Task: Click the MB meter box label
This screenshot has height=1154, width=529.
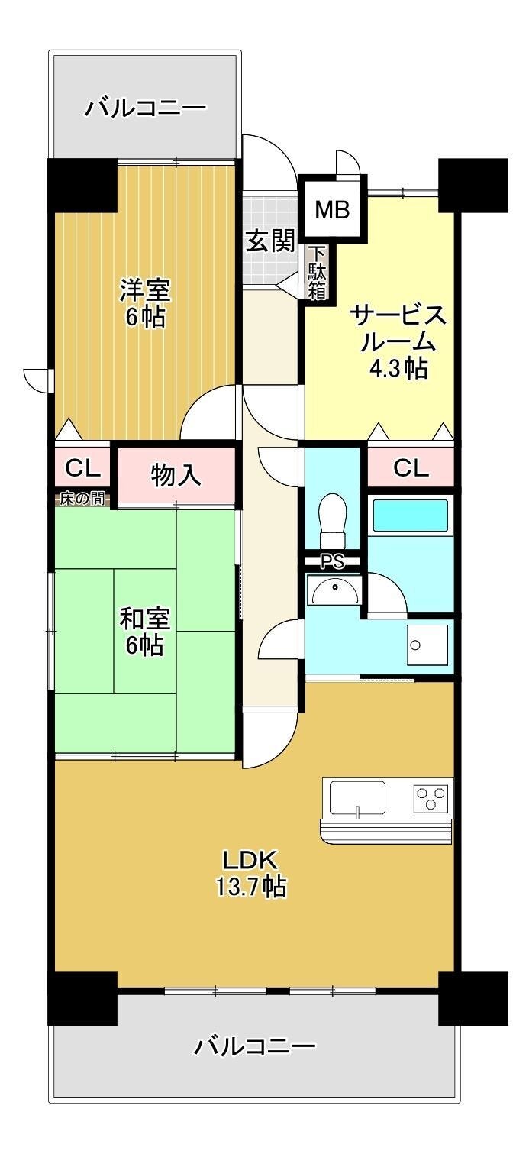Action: [x=332, y=209]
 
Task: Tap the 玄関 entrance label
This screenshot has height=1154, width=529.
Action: [x=270, y=241]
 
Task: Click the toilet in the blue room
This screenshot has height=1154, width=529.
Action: [x=332, y=521]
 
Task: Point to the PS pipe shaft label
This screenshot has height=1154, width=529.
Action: [x=332, y=561]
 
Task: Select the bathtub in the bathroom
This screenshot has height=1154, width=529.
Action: [x=410, y=516]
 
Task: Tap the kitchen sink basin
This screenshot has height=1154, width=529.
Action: [x=357, y=798]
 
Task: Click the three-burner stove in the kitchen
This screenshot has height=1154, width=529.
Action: [x=430, y=798]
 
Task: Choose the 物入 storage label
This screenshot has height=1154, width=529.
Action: [x=176, y=474]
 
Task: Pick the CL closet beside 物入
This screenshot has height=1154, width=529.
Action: [x=82, y=467]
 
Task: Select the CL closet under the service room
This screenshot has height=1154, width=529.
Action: [x=411, y=467]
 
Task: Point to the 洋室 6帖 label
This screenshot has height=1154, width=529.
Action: [x=145, y=303]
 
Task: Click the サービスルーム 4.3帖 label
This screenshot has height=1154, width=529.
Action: [x=398, y=341]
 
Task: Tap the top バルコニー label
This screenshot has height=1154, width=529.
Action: [x=145, y=108]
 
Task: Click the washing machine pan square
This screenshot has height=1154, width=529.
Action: [x=427, y=645]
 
